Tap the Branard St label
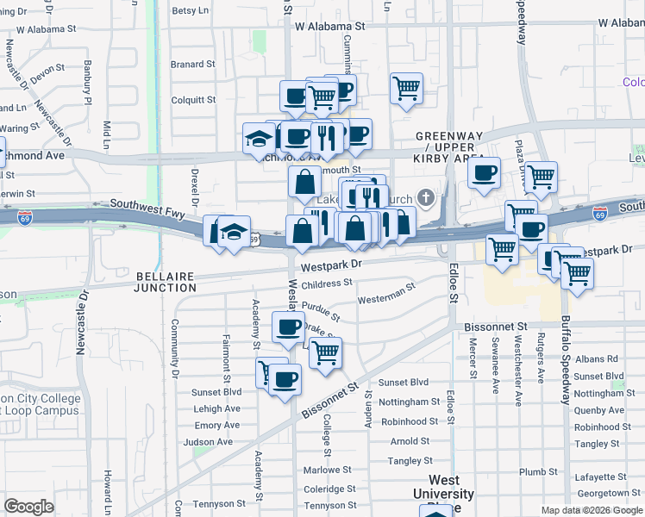(192, 64)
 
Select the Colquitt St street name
(192, 100)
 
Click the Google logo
(28, 507)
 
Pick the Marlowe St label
(330, 470)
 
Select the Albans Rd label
(597, 358)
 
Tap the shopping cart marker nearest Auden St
(325, 352)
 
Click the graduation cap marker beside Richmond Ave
(258, 138)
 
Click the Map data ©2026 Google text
(592, 510)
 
